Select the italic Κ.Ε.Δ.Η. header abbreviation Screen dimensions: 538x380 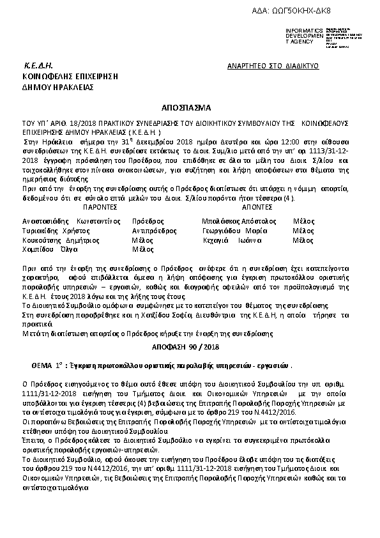(x=38, y=66)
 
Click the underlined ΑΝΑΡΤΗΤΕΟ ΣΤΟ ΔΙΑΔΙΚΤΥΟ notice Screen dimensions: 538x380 (x=273, y=66)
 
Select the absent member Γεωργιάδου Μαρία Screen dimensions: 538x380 (x=234, y=230)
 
